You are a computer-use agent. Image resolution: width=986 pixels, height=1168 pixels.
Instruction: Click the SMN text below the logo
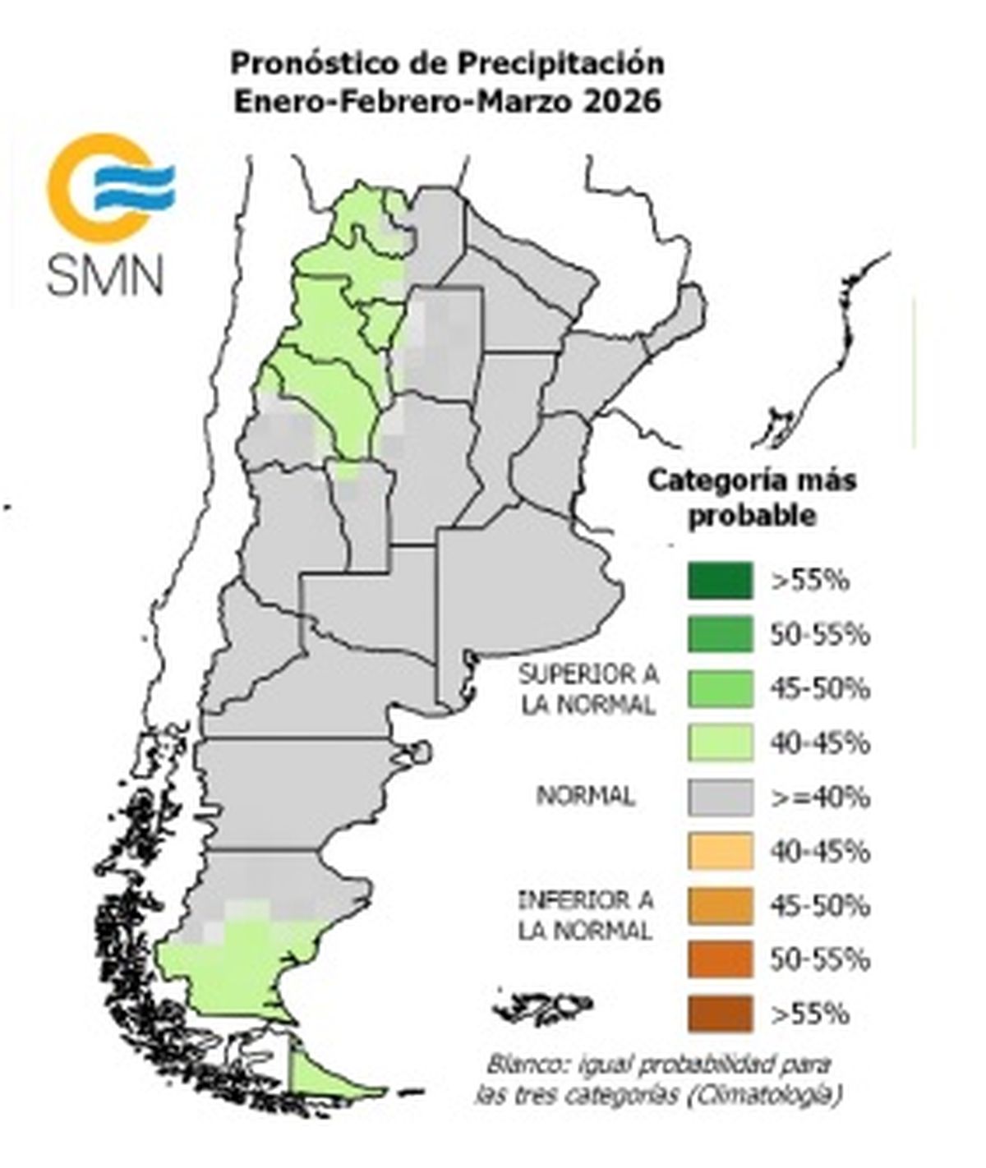[x=104, y=275]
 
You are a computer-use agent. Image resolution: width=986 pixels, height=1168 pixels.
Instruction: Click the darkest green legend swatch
[x=720, y=581]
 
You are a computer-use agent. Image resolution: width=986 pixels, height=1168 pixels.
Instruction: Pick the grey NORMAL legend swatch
[x=720, y=798]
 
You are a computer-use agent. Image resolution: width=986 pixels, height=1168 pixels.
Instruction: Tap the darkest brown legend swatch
[x=720, y=1014]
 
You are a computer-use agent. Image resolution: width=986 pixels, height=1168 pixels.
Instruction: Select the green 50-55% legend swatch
[x=720, y=635]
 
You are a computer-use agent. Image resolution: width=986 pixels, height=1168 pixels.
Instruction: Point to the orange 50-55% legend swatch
[x=720, y=960]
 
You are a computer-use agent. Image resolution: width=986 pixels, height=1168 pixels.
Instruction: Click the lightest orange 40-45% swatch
[x=720, y=852]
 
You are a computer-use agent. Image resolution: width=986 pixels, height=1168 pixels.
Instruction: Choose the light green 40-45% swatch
[x=720, y=743]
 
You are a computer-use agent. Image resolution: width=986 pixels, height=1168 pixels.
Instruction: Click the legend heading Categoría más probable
[x=751, y=498]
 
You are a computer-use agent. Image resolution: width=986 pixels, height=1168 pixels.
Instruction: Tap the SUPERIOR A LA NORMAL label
[x=587, y=690]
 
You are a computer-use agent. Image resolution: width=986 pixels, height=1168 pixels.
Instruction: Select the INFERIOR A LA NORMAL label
[x=585, y=915]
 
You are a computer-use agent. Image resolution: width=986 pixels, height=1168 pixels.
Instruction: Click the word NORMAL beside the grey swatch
[x=585, y=796]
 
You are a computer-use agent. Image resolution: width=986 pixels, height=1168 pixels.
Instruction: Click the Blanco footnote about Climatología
[x=658, y=1080]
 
